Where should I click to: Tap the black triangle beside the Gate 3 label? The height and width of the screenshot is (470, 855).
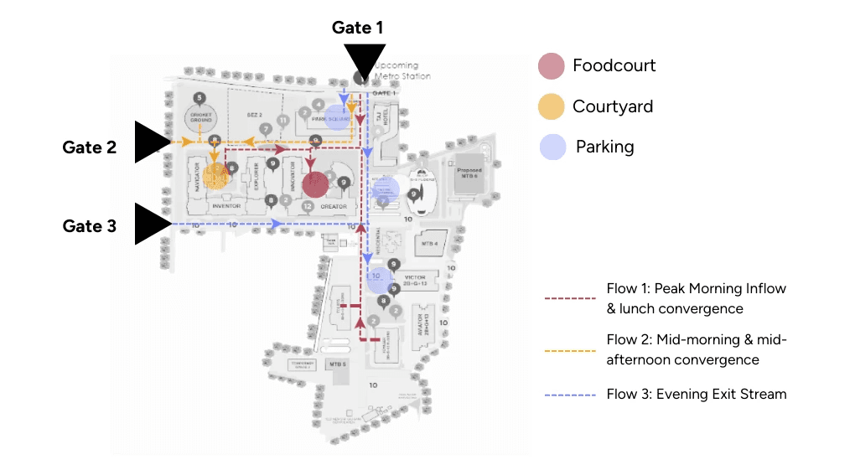tap(150, 225)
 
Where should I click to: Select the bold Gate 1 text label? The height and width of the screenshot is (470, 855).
tap(357, 28)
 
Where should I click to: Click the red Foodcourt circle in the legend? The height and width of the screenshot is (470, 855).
tap(551, 65)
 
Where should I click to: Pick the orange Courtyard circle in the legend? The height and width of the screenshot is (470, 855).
tap(551, 106)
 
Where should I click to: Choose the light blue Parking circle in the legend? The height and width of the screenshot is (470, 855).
tap(551, 147)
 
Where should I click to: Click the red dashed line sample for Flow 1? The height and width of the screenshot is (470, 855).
tap(570, 298)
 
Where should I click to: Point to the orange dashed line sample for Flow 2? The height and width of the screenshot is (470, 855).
tap(570, 350)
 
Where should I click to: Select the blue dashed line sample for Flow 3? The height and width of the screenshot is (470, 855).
tap(570, 395)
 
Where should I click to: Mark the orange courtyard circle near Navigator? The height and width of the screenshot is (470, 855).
tap(216, 176)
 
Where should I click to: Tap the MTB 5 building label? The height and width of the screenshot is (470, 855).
tap(338, 364)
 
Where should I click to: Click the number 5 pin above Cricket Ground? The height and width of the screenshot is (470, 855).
tap(199, 98)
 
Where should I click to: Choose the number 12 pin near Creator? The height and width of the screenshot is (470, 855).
tap(308, 206)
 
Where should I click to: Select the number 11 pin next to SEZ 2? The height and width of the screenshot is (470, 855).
tap(283, 121)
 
